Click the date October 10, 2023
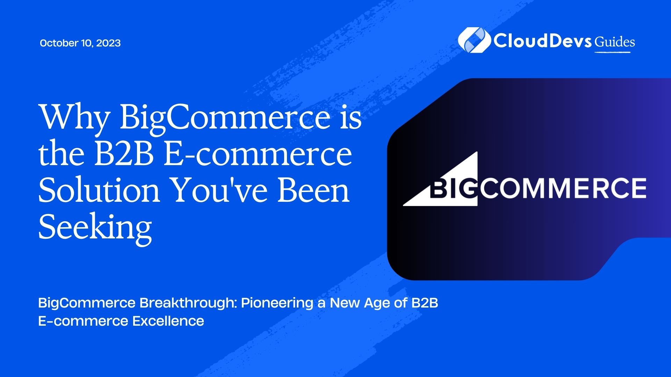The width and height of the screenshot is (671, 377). pyautogui.click(x=80, y=43)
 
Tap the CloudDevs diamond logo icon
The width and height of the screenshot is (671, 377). pyautogui.click(x=474, y=40)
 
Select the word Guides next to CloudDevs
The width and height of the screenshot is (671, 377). pyautogui.click(x=615, y=42)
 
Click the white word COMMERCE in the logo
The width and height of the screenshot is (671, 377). pyautogui.click(x=562, y=188)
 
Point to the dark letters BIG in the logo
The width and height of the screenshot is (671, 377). pyautogui.click(x=453, y=188)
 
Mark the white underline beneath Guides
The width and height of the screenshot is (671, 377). pyautogui.click(x=612, y=52)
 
